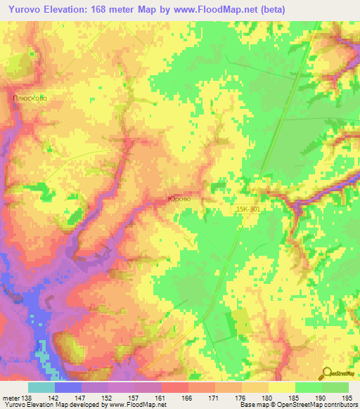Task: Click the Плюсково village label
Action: pyautogui.click(x=30, y=98)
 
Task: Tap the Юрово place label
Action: pyautogui.click(x=179, y=200)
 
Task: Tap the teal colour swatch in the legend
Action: pyautogui.click(x=41, y=387)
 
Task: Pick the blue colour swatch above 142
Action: pyautogui.click(x=67, y=387)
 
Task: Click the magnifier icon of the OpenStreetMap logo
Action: pyautogui.click(x=326, y=372)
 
